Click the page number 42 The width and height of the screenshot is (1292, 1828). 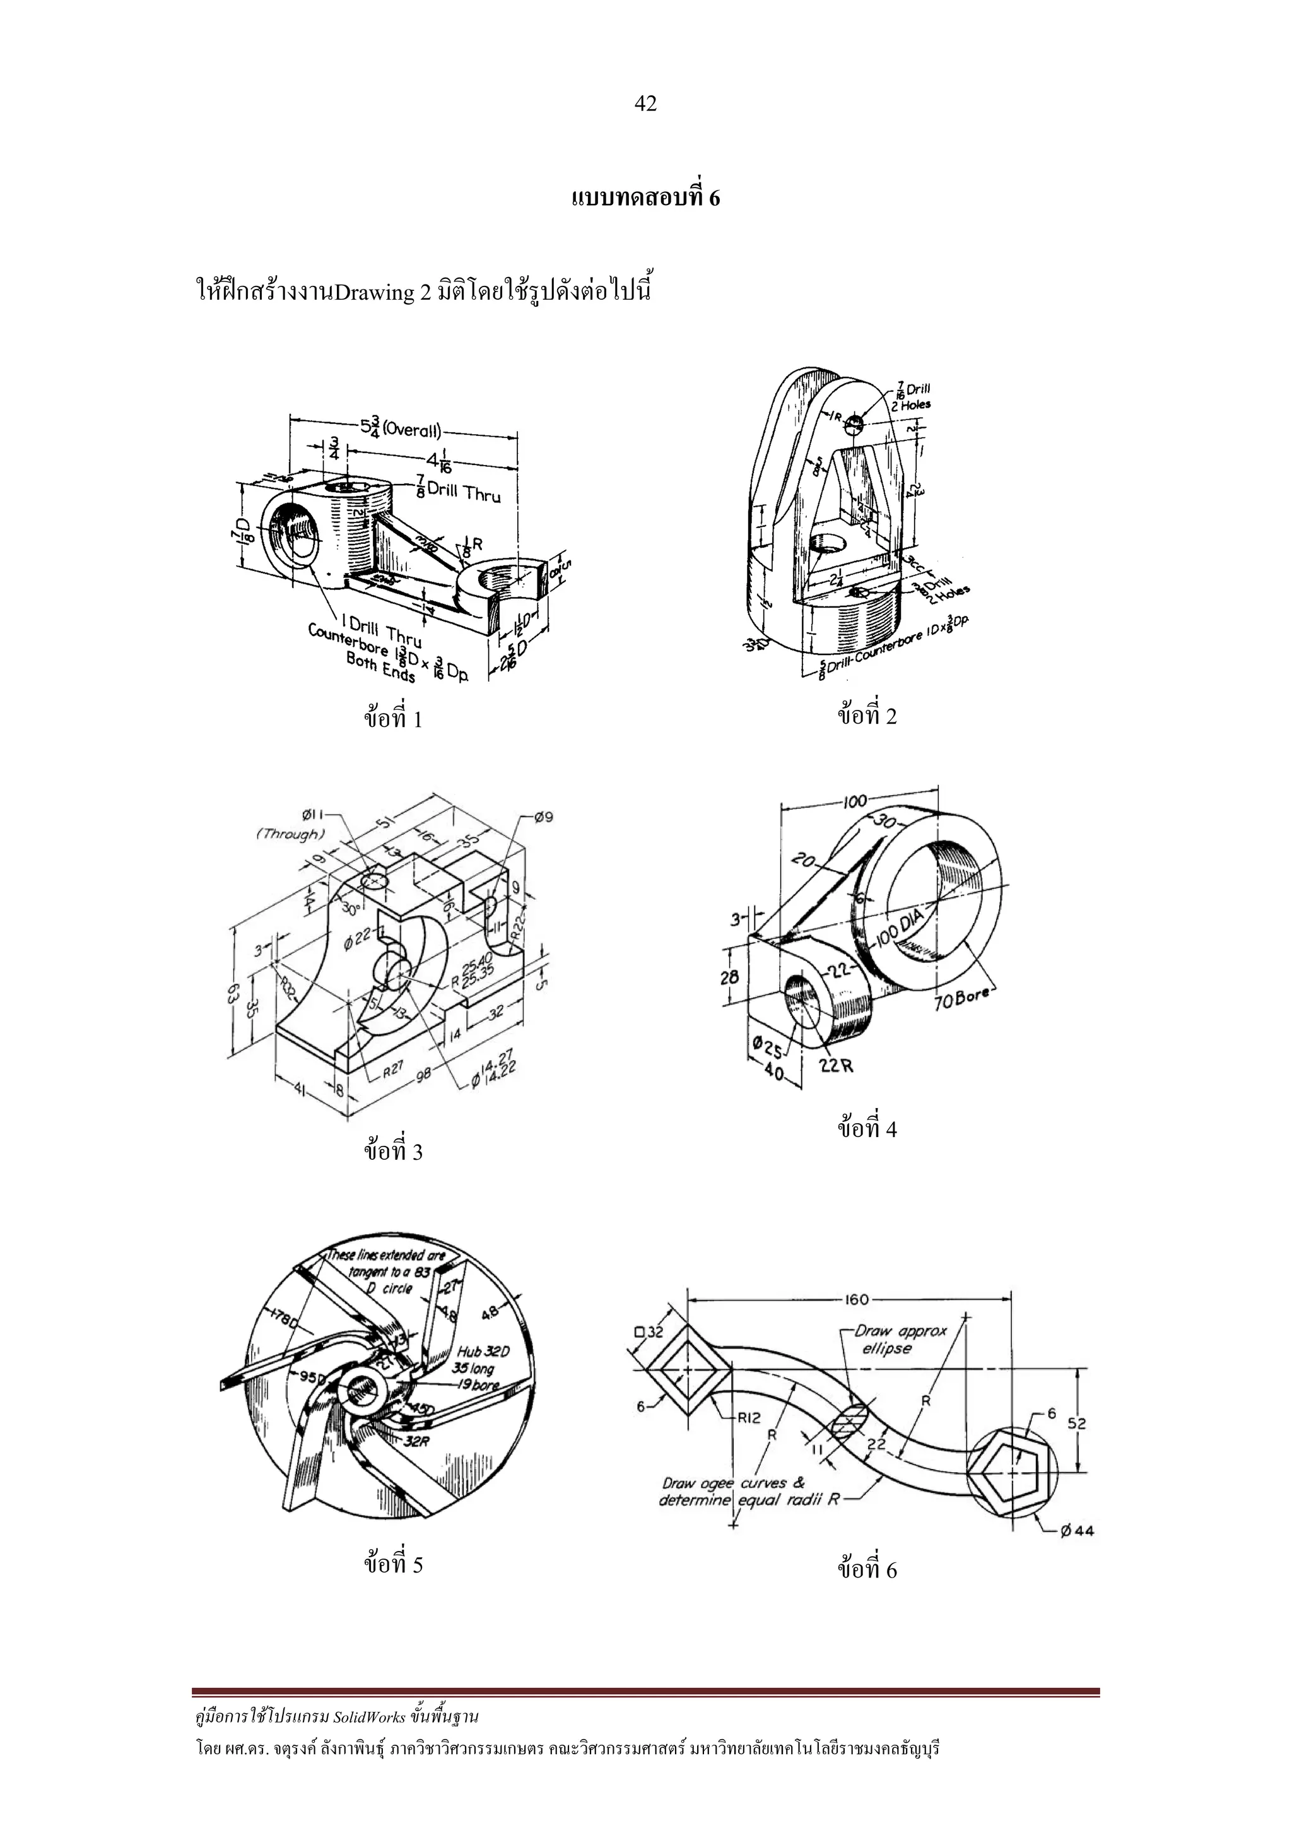tap(645, 103)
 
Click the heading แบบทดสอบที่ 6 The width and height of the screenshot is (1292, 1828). tap(645, 198)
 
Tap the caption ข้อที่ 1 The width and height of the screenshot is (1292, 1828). tap(393, 719)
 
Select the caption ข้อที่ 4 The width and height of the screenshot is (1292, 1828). tap(867, 1129)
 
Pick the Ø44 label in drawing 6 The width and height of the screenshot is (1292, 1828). tap(1077, 1530)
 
